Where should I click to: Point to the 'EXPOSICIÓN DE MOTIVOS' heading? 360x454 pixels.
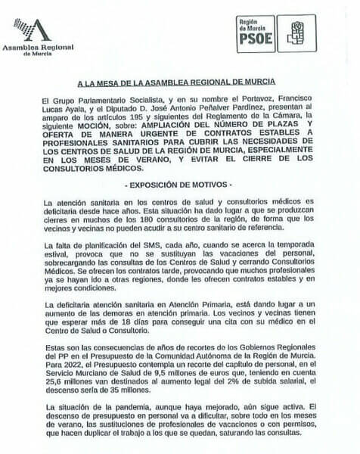pyautogui.click(x=179, y=184)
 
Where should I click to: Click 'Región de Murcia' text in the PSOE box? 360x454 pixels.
pyautogui.click(x=254, y=26)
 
